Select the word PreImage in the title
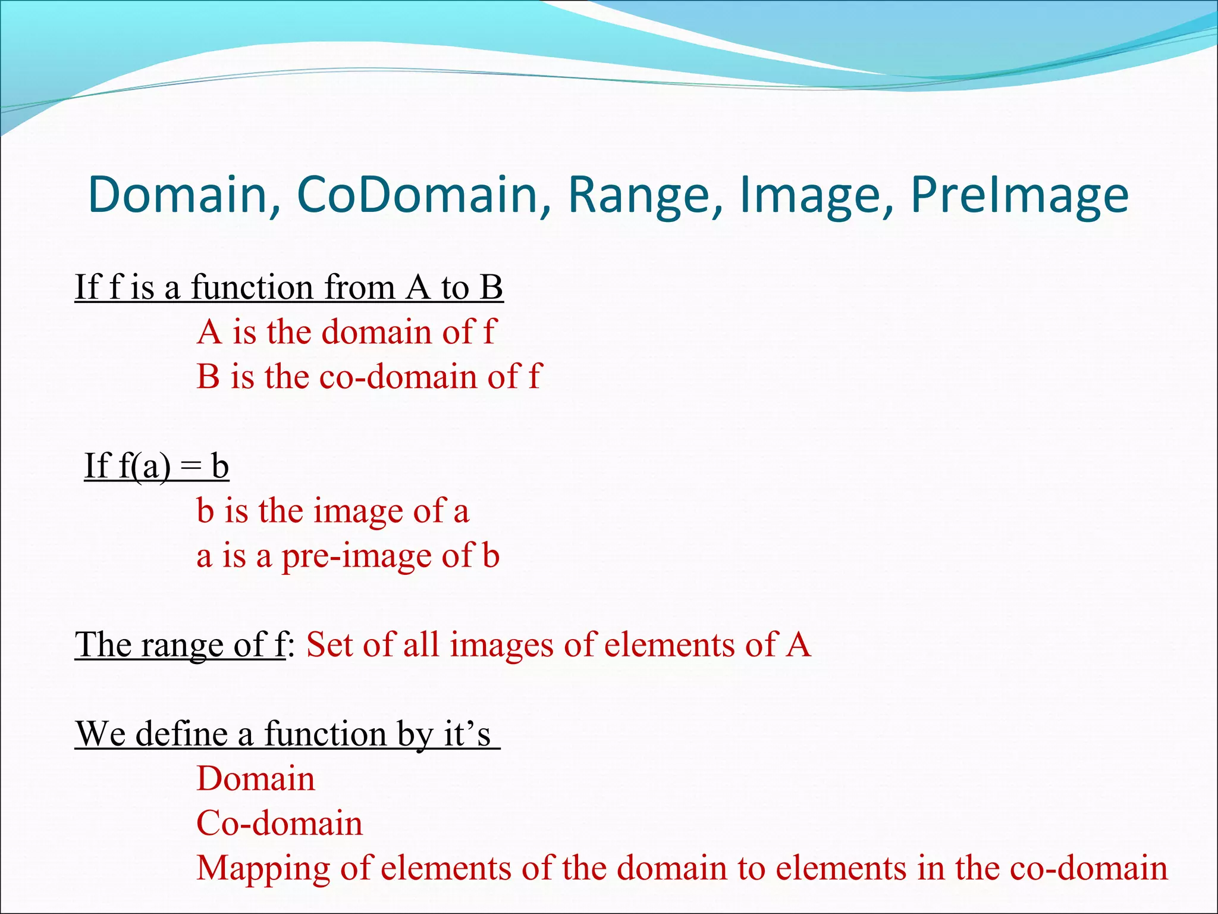(1019, 195)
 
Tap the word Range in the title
(645, 195)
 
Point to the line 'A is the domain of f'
(346, 332)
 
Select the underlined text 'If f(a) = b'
(156, 466)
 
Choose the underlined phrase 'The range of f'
(180, 645)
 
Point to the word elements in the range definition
(668, 645)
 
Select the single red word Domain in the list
(256, 779)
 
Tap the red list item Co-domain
(280, 824)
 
